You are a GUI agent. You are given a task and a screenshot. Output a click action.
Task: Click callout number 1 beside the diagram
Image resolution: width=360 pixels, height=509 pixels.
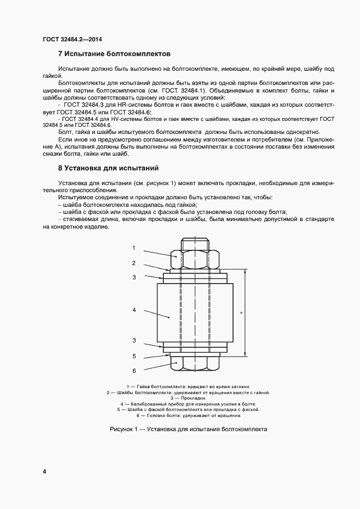(133, 248)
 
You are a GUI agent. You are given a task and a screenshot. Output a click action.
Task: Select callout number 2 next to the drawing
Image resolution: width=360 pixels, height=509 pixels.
(133, 263)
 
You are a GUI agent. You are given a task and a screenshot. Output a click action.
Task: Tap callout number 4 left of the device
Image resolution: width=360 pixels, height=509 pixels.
(133, 310)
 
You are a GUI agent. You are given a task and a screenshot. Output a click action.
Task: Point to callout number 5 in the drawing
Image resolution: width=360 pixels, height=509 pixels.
(133, 357)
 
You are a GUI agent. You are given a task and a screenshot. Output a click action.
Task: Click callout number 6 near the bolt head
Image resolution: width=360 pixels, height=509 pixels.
(133, 371)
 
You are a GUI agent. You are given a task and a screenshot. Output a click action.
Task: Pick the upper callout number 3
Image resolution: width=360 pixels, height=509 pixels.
(133, 277)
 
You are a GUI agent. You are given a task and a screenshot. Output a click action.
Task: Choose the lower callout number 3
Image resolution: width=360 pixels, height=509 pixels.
(133, 340)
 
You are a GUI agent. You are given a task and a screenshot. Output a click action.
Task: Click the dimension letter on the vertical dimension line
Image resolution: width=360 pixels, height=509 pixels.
(240, 313)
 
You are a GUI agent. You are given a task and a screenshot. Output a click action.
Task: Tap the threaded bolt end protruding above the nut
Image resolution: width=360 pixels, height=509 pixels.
(194, 243)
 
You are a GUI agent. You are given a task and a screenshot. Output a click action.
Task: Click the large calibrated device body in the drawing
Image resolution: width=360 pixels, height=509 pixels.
(194, 313)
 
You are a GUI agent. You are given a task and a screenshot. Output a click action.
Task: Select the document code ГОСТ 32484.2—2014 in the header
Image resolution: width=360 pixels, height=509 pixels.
(72, 39)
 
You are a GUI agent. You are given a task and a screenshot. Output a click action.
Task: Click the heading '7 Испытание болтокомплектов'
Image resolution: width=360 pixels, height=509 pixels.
(114, 54)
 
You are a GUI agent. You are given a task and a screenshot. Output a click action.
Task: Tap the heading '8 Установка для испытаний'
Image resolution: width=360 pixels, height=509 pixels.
(108, 168)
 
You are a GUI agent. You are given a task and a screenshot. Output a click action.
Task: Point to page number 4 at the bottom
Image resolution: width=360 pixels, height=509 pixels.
(44, 471)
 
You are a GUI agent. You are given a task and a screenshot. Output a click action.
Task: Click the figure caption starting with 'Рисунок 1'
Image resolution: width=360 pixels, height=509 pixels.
(188, 429)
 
